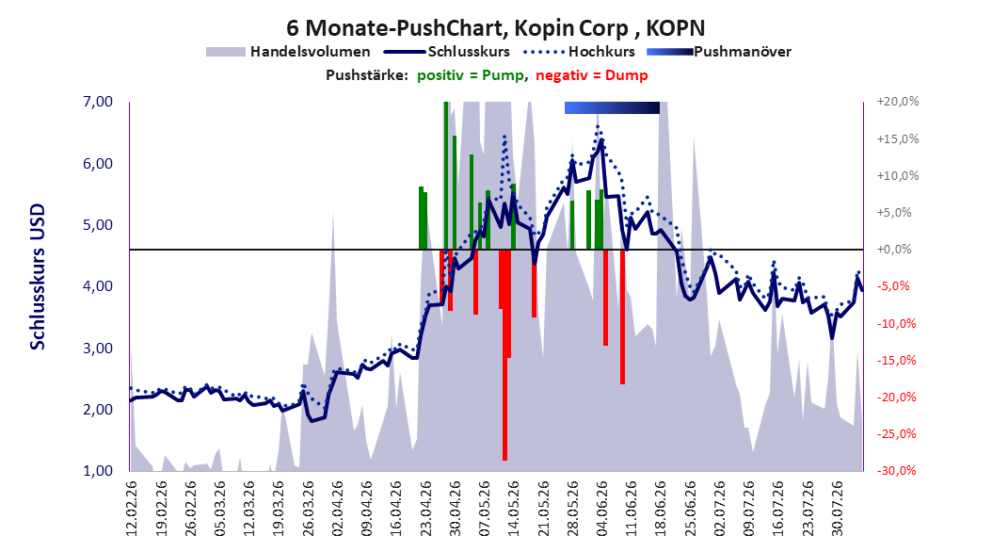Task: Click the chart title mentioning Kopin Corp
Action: tap(495, 28)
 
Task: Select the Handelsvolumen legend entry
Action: tap(289, 52)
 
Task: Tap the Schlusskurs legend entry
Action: tap(447, 52)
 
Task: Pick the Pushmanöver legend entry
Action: tap(719, 52)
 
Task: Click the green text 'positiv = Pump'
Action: tap(471, 75)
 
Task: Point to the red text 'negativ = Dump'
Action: tap(592, 75)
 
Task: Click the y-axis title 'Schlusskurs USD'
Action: tap(38, 277)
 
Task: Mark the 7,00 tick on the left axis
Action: tap(98, 102)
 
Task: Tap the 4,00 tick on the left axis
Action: tap(98, 286)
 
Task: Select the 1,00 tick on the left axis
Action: tap(98, 471)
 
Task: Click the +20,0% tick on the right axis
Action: tap(898, 102)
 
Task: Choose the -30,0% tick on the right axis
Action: tap(896, 471)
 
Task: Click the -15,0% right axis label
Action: tap(896, 360)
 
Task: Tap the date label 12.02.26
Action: tap(132, 509)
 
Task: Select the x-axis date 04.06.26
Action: tap(601, 509)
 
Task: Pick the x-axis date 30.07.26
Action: tap(837, 509)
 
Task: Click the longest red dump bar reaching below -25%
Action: tap(504, 354)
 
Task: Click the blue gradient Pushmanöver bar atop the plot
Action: tap(612, 107)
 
